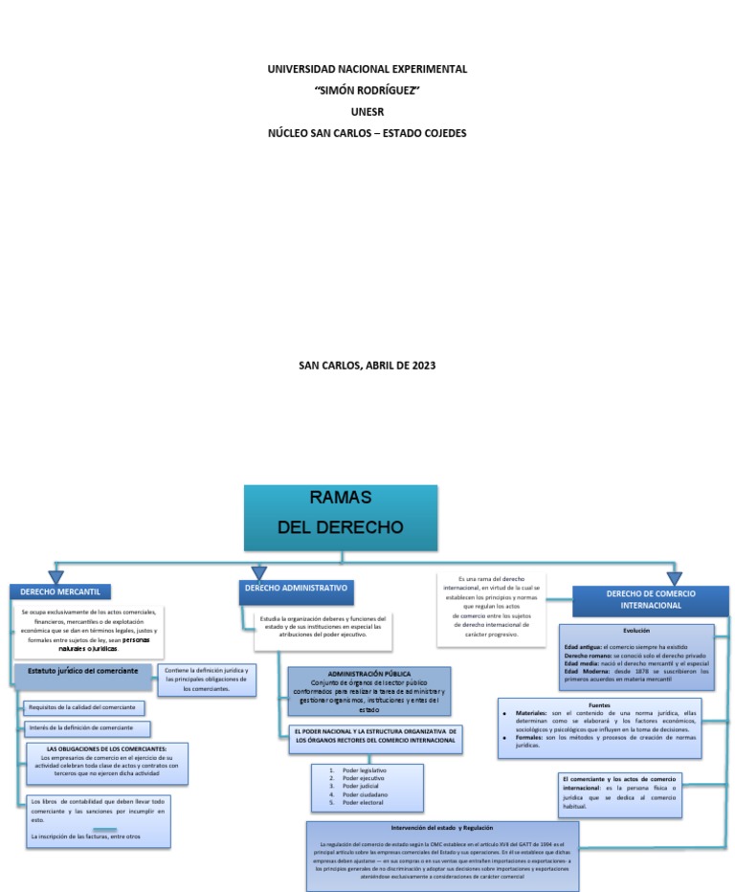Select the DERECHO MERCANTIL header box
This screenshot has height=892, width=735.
pos(59,591)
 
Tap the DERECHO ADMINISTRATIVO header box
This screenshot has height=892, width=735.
pos(296,588)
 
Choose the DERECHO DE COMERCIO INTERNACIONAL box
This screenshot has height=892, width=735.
pos(650,600)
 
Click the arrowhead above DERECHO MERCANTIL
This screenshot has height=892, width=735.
pos(56,577)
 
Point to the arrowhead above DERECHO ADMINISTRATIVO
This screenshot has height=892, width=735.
pos(258,572)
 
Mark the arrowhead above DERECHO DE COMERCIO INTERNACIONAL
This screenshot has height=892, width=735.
pos(674,578)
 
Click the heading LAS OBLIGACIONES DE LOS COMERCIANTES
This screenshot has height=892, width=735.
pos(107,748)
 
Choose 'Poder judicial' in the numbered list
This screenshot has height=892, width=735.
pos(362,786)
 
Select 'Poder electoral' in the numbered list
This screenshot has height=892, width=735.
pos(364,802)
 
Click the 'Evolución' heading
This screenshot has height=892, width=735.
pos(635,632)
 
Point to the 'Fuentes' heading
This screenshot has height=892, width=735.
pos(599,704)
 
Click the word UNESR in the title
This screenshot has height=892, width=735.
pos(367,111)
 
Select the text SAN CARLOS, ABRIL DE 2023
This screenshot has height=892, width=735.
pos(367,365)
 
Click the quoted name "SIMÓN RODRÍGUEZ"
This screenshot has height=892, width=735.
pos(367,90)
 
